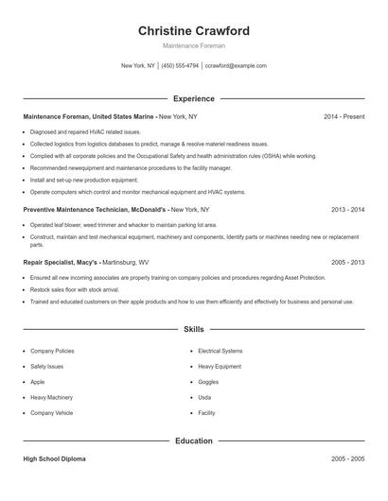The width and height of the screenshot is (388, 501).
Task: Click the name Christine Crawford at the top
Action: [193, 30]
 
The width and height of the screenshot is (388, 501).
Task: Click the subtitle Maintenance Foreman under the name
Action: [193, 45]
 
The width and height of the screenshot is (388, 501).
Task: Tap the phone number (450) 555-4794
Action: [180, 66]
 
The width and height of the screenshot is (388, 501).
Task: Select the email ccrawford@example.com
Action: [236, 66]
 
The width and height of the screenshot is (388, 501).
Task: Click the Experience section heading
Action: [194, 98]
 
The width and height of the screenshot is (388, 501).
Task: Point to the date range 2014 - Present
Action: [344, 116]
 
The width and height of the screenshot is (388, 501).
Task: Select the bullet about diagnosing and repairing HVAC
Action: [85, 132]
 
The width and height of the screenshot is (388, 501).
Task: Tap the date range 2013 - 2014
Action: [347, 209]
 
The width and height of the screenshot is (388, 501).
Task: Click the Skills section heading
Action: [194, 330]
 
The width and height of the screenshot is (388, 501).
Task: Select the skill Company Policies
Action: [52, 351]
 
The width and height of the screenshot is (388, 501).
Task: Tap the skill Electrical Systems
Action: [220, 351]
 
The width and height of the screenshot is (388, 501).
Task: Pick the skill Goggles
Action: [208, 382]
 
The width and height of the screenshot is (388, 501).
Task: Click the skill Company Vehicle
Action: [52, 413]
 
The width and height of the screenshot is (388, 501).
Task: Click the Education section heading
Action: [194, 441]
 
